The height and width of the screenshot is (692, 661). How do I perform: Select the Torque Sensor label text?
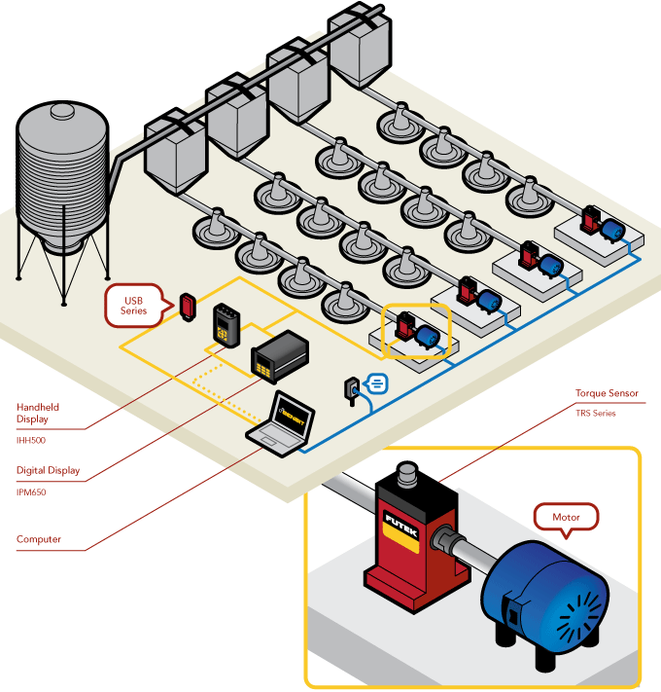[x=607, y=394]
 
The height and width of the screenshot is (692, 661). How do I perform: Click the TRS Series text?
[x=595, y=413]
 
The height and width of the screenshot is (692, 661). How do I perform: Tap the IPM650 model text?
[x=32, y=492]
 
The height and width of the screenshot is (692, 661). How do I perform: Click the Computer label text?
[x=39, y=538]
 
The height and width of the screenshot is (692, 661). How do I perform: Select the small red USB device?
[x=187, y=307]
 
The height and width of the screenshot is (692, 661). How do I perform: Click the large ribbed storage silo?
[x=62, y=185]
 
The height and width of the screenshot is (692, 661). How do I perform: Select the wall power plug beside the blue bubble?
[x=351, y=388]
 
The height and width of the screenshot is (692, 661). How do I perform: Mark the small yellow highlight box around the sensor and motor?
[x=417, y=332]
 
